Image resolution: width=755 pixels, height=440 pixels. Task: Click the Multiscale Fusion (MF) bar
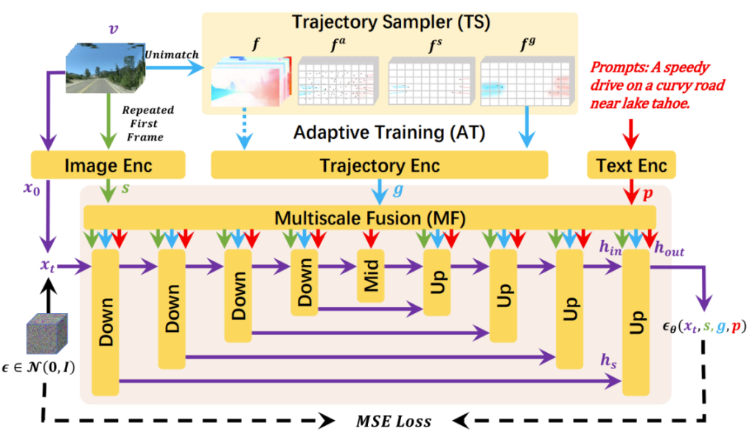tap(369, 217)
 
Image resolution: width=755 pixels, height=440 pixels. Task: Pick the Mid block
tap(371, 275)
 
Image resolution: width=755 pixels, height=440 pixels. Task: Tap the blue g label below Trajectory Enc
tap(398, 190)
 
